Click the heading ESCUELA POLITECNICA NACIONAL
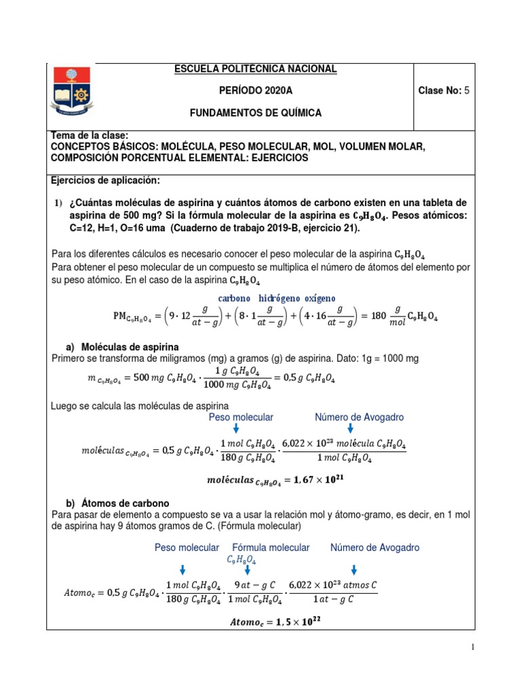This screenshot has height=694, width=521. [256, 69]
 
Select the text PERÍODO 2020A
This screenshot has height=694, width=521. [256, 91]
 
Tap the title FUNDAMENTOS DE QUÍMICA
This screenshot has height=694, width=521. [256, 113]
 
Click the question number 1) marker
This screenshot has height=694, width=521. [58, 204]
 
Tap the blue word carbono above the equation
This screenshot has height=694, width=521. [234, 298]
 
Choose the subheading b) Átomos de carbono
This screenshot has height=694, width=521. [115, 504]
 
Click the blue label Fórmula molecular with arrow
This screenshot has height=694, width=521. [271, 547]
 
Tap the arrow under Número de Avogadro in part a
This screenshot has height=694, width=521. [350, 428]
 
